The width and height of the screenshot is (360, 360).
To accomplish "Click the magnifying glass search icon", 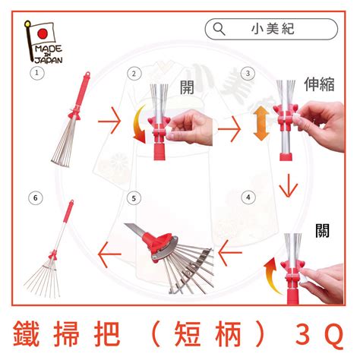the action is (x=219, y=30).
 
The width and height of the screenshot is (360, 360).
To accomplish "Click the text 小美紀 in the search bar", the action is (x=273, y=29).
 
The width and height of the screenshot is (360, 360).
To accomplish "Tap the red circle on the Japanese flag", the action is (x=43, y=33).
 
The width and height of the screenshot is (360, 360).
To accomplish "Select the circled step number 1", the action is (x=37, y=73).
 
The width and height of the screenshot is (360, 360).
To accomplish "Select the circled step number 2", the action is (x=134, y=74).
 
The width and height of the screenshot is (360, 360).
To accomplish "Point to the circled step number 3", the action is (x=248, y=74).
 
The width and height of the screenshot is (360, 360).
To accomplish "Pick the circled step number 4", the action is (x=248, y=197).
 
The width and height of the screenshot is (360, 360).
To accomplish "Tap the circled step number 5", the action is (x=134, y=198).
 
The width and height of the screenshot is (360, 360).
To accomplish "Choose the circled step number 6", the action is (x=35, y=197).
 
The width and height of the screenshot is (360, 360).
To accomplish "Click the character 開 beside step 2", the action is (x=187, y=87).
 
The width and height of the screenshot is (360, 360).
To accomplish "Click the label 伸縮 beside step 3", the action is (x=319, y=84).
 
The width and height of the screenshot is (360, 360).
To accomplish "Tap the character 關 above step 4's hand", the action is (x=322, y=230).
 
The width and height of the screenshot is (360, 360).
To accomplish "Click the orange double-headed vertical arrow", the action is (x=261, y=123).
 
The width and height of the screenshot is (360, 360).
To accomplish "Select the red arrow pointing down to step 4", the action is (x=289, y=185).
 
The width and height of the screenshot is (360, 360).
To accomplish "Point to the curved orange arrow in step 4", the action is (x=271, y=276).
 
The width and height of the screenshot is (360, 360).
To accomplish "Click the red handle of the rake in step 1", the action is (x=83, y=93).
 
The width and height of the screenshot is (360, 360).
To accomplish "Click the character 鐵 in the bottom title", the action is (x=26, y=333).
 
